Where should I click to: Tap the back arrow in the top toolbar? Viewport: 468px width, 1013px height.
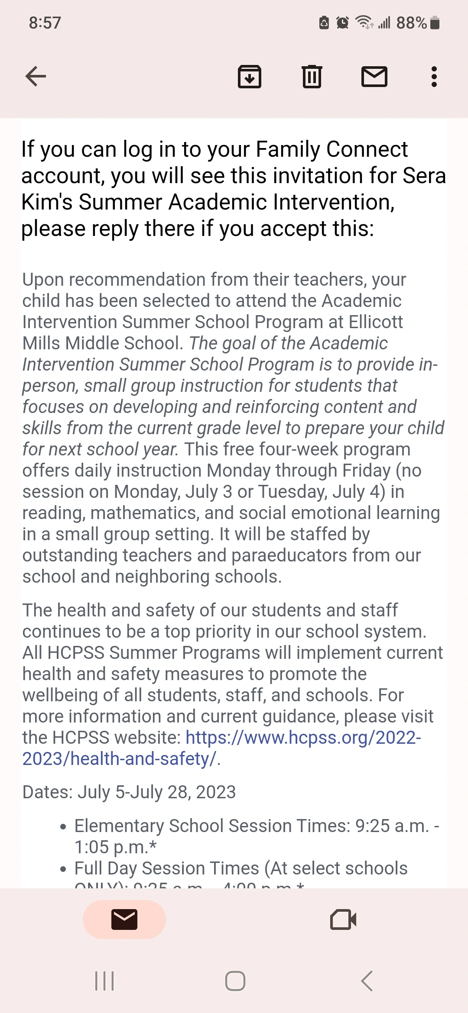click(36, 77)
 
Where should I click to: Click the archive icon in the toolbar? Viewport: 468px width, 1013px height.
click(250, 77)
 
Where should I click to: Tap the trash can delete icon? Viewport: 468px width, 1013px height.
click(312, 77)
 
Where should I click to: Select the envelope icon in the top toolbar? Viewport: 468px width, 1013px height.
click(374, 77)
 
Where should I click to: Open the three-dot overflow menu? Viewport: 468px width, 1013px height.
click(434, 77)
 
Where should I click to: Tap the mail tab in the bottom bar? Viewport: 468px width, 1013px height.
click(124, 919)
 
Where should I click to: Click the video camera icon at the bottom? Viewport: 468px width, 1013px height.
click(343, 919)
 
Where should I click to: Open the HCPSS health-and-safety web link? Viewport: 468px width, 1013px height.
click(303, 738)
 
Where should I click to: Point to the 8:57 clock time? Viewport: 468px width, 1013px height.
click(45, 23)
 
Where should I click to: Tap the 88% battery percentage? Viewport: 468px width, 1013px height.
click(411, 23)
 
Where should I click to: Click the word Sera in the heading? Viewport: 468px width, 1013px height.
click(424, 176)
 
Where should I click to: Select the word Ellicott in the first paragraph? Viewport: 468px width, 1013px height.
click(376, 322)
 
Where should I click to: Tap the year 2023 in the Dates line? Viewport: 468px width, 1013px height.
click(216, 792)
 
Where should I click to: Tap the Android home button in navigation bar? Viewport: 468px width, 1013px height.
click(235, 981)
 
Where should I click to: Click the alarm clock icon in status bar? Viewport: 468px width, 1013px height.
click(342, 23)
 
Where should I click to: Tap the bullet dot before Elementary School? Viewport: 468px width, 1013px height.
click(63, 827)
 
